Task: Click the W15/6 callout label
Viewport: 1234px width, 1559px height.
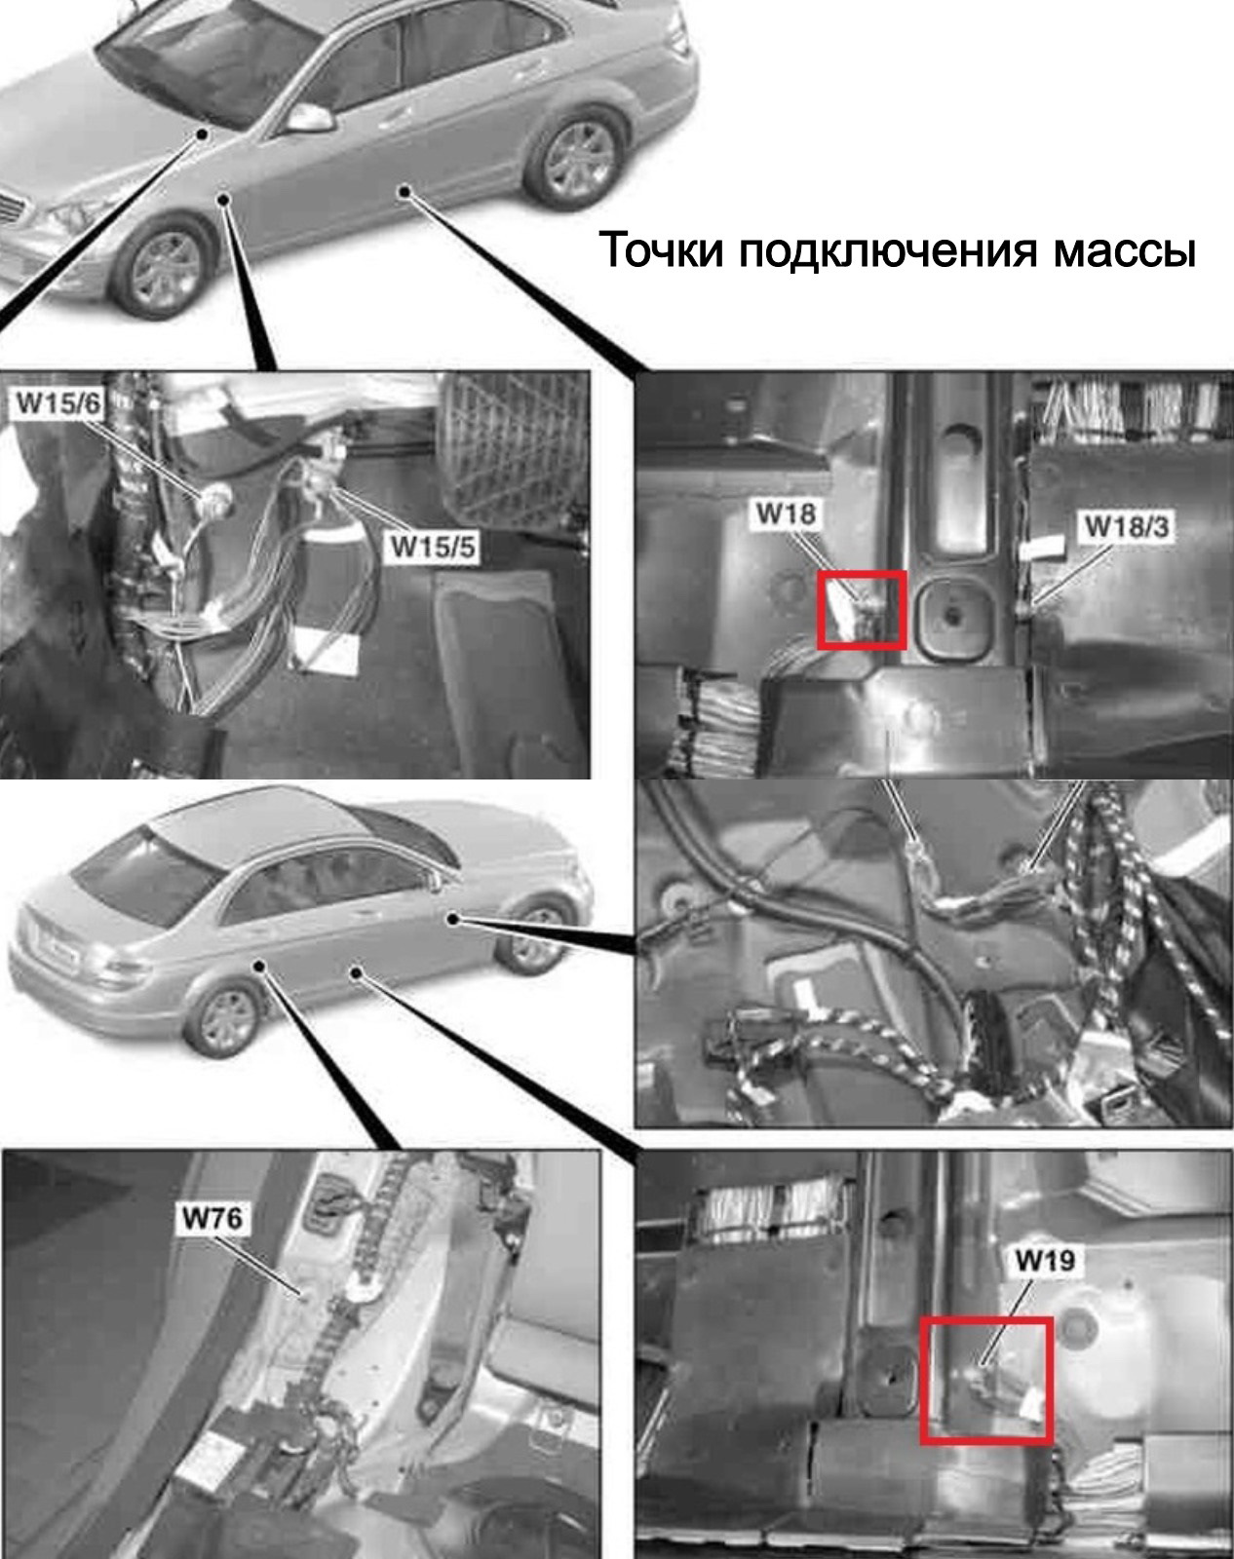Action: (58, 403)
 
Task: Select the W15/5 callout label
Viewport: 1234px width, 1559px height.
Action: (433, 547)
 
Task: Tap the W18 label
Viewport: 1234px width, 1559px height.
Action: (786, 513)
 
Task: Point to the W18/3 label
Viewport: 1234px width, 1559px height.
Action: (1126, 527)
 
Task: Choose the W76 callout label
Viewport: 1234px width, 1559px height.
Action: (212, 1219)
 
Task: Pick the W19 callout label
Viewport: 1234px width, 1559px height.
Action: (1044, 1261)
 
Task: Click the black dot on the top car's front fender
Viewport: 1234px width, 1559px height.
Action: (224, 199)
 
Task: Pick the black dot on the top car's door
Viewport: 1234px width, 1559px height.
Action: (404, 191)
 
